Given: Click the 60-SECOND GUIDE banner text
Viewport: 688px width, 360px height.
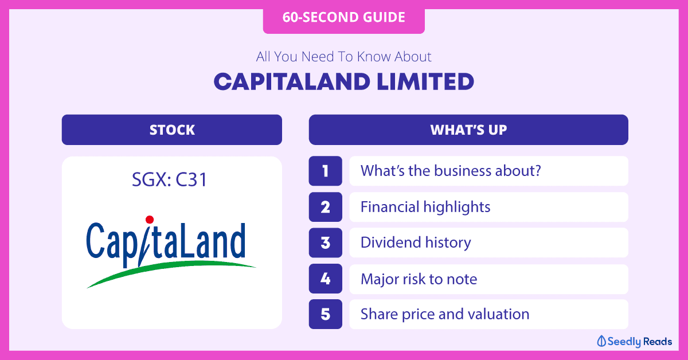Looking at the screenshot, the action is click(343, 17).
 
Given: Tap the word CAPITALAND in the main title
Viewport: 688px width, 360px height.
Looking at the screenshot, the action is click(292, 82).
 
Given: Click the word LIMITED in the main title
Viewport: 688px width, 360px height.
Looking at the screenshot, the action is click(425, 82).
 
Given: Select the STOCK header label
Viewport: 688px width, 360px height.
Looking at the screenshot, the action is click(172, 130).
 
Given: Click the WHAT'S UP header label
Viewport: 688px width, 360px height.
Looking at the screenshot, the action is click(468, 130).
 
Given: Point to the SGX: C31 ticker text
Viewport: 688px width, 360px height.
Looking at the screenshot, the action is click(170, 179).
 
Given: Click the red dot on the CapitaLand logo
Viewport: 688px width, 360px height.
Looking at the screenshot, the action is click(150, 220).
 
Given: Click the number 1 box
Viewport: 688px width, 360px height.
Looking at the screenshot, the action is click(325, 171).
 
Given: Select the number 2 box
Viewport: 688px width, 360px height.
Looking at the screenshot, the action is click(325, 207).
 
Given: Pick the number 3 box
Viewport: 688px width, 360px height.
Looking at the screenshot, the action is click(325, 242).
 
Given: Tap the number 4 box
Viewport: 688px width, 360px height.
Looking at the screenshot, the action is click(325, 279).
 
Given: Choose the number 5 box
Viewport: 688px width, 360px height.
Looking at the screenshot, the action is click(325, 314).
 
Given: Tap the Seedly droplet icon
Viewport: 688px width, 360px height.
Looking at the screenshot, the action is click(601, 341).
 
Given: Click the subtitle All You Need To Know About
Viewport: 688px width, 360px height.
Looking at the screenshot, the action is click(343, 57).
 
